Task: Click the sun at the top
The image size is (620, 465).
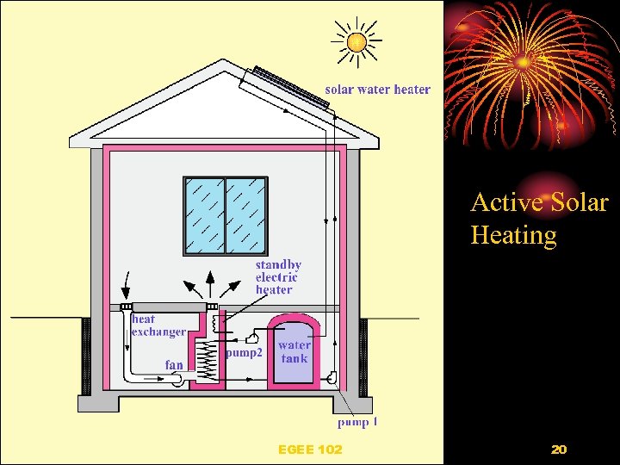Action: pyautogui.click(x=356, y=40)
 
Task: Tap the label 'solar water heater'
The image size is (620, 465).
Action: pyautogui.click(x=377, y=90)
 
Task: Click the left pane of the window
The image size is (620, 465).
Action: pyautogui.click(x=205, y=216)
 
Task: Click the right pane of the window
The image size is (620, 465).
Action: pyautogui.click(x=245, y=216)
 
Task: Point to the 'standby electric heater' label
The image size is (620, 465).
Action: pyautogui.click(x=277, y=277)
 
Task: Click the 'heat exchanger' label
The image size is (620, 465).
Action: pyautogui.click(x=158, y=325)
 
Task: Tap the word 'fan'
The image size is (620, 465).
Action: pyautogui.click(x=174, y=365)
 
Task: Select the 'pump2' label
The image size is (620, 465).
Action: pyautogui.click(x=244, y=352)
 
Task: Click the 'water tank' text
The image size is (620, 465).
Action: pyautogui.click(x=294, y=351)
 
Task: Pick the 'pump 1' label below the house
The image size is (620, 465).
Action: pyautogui.click(x=357, y=422)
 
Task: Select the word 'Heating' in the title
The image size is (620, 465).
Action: pyautogui.click(x=513, y=234)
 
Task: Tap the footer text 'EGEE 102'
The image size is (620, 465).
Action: pyautogui.click(x=310, y=449)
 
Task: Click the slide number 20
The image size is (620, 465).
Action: pyautogui.click(x=558, y=449)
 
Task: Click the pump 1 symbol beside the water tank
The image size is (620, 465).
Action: pyautogui.click(x=332, y=376)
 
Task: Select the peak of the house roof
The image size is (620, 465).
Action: pyautogui.click(x=225, y=63)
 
